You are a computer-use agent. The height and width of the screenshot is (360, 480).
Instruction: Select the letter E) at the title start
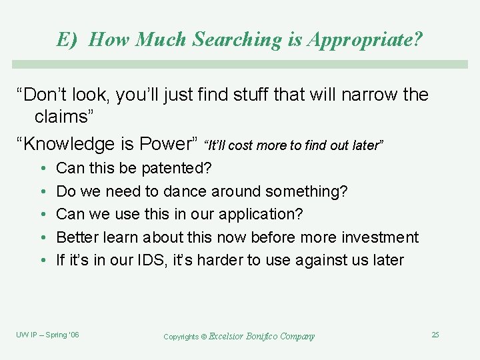pyautogui.click(x=68, y=40)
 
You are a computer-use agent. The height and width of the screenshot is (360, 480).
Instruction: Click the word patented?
pyautogui.click(x=177, y=169)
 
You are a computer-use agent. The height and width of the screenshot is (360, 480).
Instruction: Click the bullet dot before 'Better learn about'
pyautogui.click(x=42, y=238)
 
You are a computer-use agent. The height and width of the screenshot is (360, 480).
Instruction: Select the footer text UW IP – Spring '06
pyautogui.click(x=47, y=335)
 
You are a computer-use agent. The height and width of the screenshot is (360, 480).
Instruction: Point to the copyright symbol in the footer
pyautogui.click(x=203, y=337)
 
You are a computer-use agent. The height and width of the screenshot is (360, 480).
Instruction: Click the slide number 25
pyautogui.click(x=435, y=335)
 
